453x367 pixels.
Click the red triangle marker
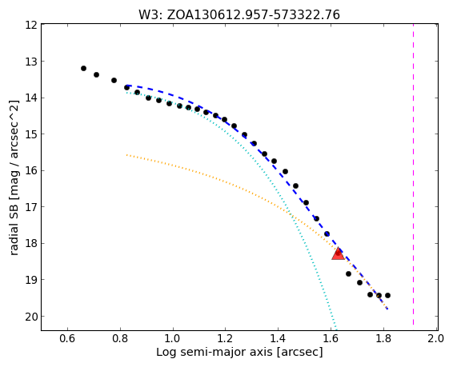pos(338,253)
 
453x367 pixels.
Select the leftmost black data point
pos(83,69)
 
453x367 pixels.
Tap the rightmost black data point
pos(387,296)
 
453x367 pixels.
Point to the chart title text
pos(239,15)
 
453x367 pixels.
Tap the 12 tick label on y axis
pos(31,25)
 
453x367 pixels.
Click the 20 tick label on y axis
pos(31,317)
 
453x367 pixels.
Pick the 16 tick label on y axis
pos(31,171)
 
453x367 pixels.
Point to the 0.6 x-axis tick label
pos(67,338)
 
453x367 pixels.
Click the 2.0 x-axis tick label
pos(436,338)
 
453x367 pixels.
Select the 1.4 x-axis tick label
pos(279,338)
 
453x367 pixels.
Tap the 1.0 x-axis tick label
pos(173,338)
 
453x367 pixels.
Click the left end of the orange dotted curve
pos(126,155)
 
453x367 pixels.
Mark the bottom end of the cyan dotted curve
pos(336,329)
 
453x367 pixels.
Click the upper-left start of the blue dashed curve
pos(127,86)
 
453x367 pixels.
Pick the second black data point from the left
pos(97,74)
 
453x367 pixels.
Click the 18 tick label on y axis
pos(31,244)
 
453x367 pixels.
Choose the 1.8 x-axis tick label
pos(383,338)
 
